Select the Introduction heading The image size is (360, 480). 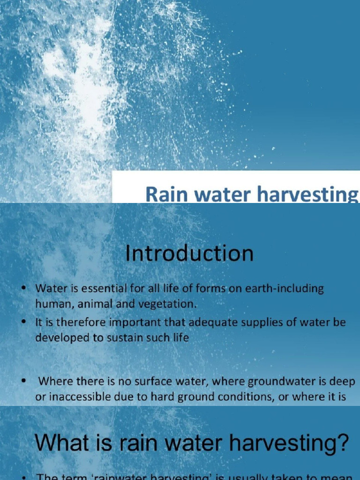pos(189,254)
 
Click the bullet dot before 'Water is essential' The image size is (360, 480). pos(23,289)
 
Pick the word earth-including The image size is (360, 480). pos(283,289)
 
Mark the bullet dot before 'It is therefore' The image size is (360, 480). pos(23,323)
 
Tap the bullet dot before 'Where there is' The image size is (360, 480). pos(23,381)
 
